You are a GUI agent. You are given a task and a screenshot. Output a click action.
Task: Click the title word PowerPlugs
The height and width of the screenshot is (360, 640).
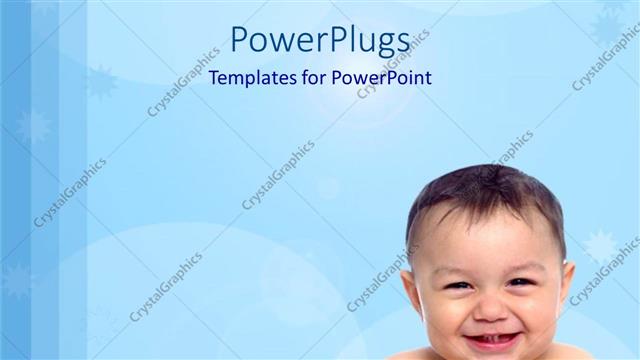pos(320,40)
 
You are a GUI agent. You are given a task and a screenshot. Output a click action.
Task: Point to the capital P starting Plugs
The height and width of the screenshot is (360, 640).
pos(330,39)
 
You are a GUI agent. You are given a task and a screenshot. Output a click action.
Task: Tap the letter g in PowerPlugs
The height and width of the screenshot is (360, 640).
pos(384,44)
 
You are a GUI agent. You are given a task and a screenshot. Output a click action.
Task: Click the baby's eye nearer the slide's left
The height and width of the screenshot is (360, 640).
pos(457,286)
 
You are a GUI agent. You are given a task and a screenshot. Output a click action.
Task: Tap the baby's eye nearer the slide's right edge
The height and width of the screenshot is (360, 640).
pos(519,282)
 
